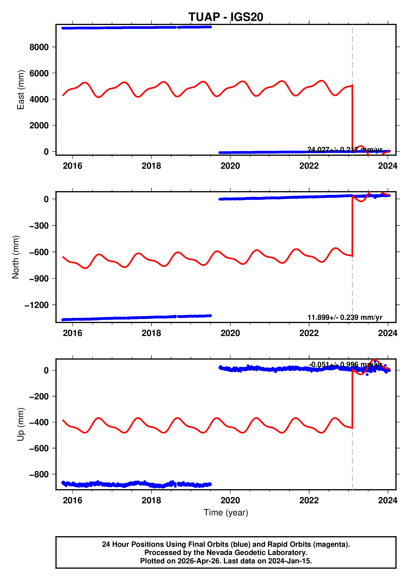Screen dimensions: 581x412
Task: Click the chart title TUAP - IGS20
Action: click(x=226, y=17)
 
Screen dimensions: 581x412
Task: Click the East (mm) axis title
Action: click(x=21, y=90)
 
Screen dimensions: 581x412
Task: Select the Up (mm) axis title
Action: click(x=21, y=424)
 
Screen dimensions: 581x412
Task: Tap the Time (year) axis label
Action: click(x=226, y=512)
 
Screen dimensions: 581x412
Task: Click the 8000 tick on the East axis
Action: click(x=39, y=47)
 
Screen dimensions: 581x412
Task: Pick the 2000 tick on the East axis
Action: click(x=39, y=125)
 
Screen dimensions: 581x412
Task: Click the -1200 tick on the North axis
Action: click(x=37, y=305)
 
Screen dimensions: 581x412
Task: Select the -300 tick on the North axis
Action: click(x=39, y=226)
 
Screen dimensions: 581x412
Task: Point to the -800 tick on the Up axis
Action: click(x=39, y=474)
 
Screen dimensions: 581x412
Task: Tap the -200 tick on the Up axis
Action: click(x=39, y=396)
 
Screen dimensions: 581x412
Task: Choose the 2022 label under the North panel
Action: click(x=309, y=333)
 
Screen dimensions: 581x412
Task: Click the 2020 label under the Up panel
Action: click(x=230, y=500)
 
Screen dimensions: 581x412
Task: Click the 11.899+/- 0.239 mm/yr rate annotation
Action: click(x=345, y=317)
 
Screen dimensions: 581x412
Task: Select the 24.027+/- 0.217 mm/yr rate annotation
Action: click(x=345, y=150)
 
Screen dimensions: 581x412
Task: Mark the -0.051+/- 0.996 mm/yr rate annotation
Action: click(x=345, y=365)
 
